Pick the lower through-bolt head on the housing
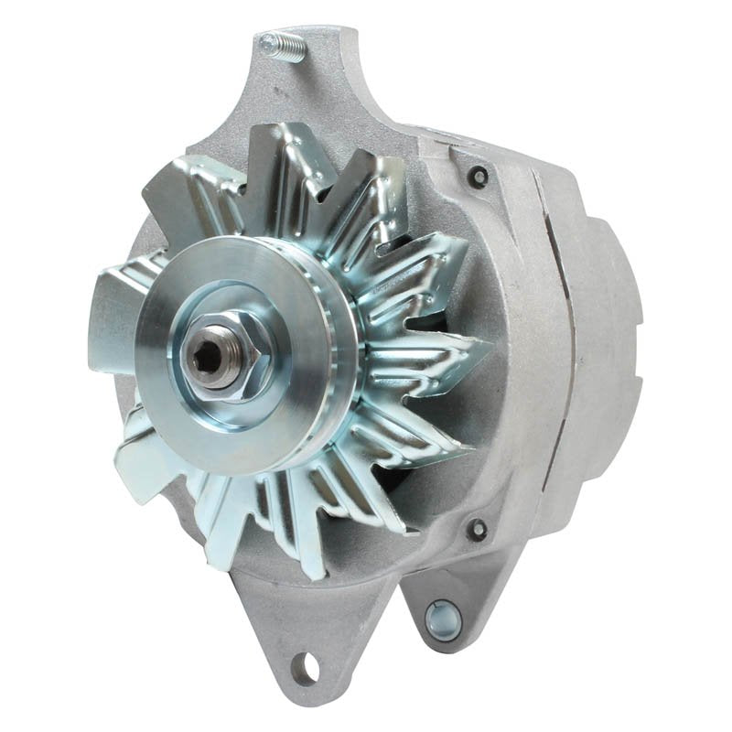pos(476,527)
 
